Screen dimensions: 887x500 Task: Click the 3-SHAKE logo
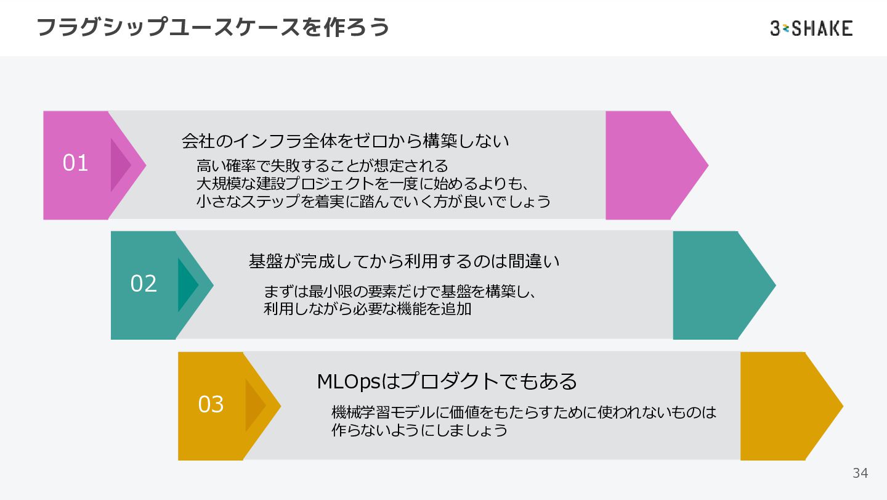point(811,28)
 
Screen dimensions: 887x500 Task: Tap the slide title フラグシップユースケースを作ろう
point(213,28)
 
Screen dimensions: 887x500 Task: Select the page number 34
point(860,473)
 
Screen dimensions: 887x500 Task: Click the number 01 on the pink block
point(76,163)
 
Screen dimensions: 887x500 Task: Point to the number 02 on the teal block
point(144,284)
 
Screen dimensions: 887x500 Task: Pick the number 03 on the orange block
point(211,404)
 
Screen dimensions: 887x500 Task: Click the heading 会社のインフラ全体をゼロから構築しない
point(345,141)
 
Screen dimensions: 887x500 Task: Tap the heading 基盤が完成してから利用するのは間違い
point(404,261)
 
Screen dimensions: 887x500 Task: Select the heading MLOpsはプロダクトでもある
point(447,382)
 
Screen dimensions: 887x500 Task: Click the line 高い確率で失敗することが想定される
point(322,166)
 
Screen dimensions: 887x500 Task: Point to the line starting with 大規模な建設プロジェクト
point(363,184)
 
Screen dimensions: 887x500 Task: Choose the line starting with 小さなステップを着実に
point(373,201)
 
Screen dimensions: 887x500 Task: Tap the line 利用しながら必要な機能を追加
point(367,309)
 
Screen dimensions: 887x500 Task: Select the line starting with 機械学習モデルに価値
point(524,412)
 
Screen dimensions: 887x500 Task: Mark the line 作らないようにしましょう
point(419,430)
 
